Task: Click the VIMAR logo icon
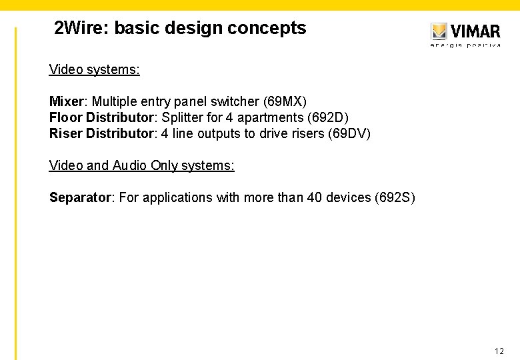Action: pos(438,31)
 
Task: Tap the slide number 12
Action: pos(499,351)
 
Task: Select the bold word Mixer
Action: pos(66,101)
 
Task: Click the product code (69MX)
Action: pos(285,101)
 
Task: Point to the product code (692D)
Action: pos(327,117)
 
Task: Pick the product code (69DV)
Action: pos(349,133)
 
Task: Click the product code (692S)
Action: pos(395,197)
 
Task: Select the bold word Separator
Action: pos(80,197)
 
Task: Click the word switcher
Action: pos(236,101)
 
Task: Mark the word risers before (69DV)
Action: pos(307,133)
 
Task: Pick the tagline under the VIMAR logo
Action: pos(465,45)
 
